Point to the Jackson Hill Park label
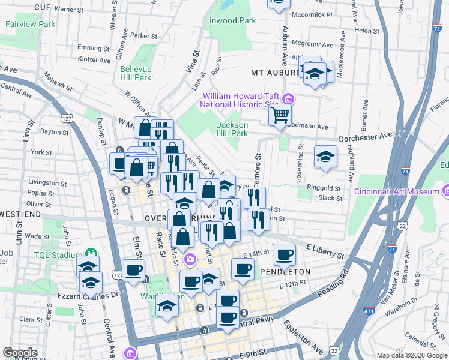coord(232,129)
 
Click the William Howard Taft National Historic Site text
coord(240,100)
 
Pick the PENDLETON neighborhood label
coord(285,271)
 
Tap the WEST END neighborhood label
coord(20,214)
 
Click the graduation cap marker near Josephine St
coord(325,157)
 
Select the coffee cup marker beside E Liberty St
coord(284,254)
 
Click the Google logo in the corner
coord(20,352)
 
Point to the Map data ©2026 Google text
coord(412,355)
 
